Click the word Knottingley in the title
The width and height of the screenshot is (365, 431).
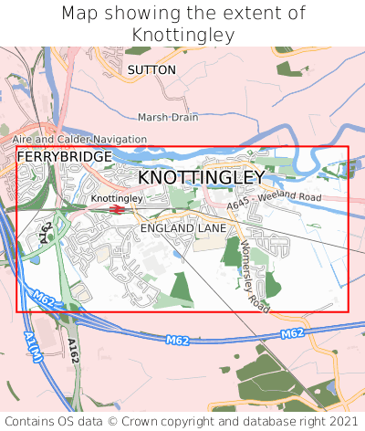pyautogui.click(x=182, y=35)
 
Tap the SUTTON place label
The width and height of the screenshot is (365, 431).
pyautogui.click(x=150, y=69)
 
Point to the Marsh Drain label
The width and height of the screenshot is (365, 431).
pyautogui.click(x=167, y=118)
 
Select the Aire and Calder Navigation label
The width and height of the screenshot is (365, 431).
pyautogui.click(x=79, y=139)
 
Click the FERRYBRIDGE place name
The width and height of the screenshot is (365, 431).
pyautogui.click(x=65, y=157)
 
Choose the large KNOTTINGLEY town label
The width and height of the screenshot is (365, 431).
pyautogui.click(x=202, y=176)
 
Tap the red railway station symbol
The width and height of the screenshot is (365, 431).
pyautogui.click(x=116, y=209)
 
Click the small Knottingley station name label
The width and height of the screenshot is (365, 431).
pyautogui.click(x=117, y=198)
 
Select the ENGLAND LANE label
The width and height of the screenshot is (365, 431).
pyautogui.click(x=182, y=227)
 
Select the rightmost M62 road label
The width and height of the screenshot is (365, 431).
pyautogui.click(x=292, y=334)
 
